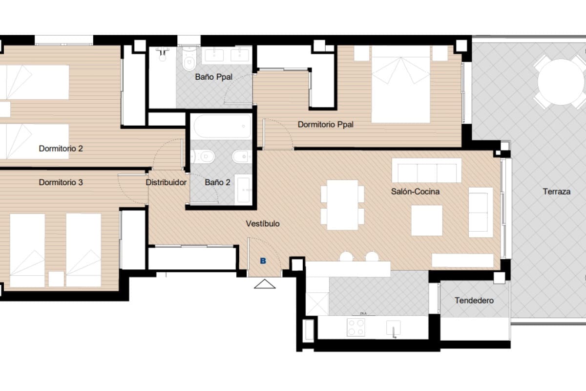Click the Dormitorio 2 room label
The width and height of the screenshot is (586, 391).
click(61, 149)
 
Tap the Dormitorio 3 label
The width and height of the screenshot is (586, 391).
click(61, 183)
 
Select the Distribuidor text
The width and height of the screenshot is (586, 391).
click(166, 183)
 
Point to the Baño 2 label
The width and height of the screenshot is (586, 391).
click(217, 183)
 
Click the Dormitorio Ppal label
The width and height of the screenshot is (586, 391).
click(325, 125)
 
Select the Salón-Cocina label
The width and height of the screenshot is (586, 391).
click(415, 192)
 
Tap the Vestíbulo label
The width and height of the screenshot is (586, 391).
click(263, 224)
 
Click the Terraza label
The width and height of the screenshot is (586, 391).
click(556, 192)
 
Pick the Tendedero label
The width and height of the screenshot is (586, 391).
click(474, 301)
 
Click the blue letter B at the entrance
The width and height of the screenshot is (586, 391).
click(263, 261)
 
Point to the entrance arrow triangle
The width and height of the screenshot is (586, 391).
click(265, 284)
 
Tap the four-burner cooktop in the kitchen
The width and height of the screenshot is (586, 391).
click(356, 327)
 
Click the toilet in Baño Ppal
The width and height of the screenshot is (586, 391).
click(188, 61)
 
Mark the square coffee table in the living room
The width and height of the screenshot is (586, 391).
click(427, 220)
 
